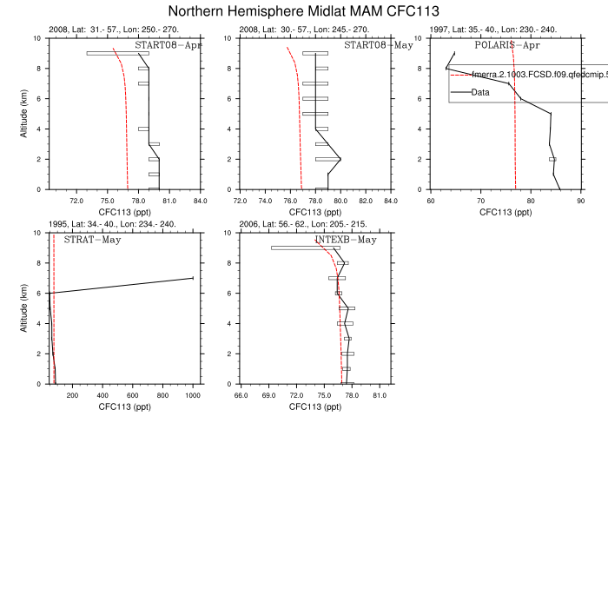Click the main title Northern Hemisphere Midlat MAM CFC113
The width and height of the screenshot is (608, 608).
click(x=303, y=11)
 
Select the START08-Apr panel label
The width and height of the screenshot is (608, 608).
click(x=168, y=44)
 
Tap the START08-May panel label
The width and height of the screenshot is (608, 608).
click(x=378, y=44)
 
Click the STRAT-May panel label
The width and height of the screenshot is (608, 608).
click(x=92, y=239)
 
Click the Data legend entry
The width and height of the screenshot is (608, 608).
click(x=482, y=91)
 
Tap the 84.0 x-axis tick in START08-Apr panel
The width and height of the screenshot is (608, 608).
click(x=200, y=201)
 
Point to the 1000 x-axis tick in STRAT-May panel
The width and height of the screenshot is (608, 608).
click(x=193, y=395)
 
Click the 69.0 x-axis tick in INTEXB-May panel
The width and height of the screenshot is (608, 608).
click(x=268, y=395)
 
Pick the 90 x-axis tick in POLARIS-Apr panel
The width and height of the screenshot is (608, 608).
click(x=580, y=201)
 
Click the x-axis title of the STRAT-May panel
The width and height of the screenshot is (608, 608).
click(x=122, y=406)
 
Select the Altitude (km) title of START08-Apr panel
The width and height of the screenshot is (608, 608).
click(x=25, y=114)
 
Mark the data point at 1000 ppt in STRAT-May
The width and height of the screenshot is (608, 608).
click(x=192, y=278)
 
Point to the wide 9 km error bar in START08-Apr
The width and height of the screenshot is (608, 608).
click(x=117, y=53)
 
